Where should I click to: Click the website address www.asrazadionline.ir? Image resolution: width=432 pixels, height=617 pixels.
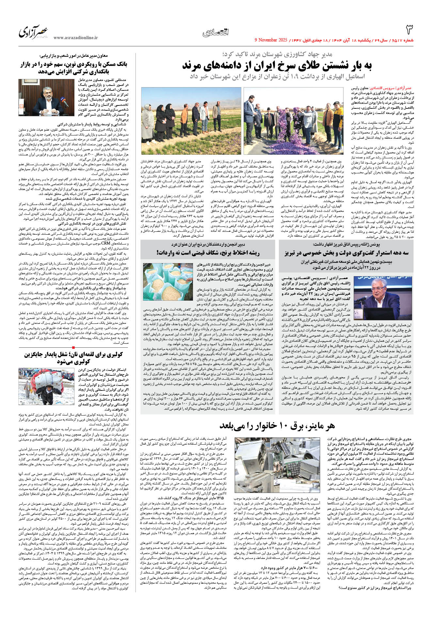75,38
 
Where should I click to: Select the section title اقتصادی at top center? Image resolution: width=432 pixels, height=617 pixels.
216,32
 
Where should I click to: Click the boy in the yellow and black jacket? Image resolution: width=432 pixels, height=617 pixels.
338,119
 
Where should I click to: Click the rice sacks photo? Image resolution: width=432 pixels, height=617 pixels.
168,281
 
